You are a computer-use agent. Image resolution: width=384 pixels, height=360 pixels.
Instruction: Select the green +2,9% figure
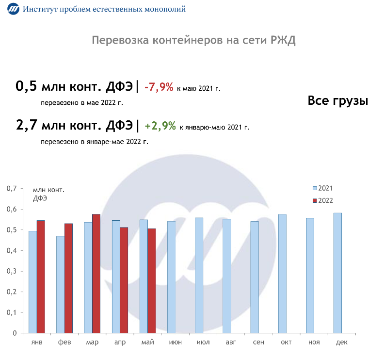pyautogui.click(x=160, y=126)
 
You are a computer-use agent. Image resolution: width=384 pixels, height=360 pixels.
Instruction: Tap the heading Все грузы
pyautogui.click(x=338, y=101)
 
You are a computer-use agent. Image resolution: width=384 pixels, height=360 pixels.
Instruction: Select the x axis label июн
pyautogui.click(x=176, y=343)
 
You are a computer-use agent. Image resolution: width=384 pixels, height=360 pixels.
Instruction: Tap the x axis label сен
pyautogui.click(x=258, y=343)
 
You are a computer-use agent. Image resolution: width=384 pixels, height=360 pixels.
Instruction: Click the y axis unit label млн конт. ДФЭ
pyautogui.click(x=48, y=194)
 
